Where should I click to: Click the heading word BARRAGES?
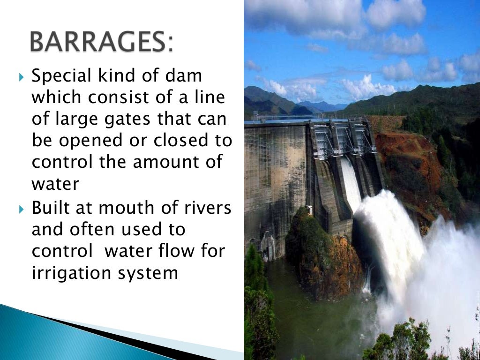click(x=101, y=44)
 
